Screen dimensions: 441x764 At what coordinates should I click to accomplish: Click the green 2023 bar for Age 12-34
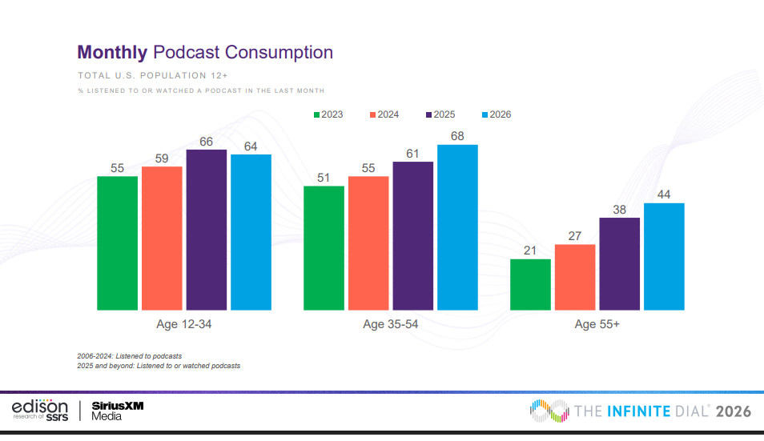point(117,243)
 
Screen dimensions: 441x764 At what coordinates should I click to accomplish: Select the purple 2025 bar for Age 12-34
point(207,230)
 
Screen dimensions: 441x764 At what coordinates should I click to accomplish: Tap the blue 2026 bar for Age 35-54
point(457,227)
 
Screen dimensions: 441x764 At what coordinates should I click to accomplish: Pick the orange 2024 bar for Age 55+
point(575,277)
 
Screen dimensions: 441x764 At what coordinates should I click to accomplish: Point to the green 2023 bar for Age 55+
point(530,284)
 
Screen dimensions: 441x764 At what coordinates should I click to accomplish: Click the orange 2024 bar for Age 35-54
point(368,243)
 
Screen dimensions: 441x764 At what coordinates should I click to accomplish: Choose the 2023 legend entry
point(328,114)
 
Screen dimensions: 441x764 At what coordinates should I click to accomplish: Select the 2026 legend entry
point(496,114)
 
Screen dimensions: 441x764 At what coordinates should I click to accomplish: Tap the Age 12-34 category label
point(183,324)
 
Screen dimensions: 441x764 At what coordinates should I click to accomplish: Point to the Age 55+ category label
point(597,324)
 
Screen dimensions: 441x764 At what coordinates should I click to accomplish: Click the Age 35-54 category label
point(390,324)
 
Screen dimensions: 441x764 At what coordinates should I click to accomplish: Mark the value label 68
point(457,136)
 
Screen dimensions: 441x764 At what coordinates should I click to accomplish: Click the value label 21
point(530,251)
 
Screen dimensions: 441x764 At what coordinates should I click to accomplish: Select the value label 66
point(207,141)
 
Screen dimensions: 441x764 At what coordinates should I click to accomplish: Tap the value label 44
point(664,194)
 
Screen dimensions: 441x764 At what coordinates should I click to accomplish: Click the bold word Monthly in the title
point(111,53)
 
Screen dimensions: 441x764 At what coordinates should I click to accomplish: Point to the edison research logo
point(40,410)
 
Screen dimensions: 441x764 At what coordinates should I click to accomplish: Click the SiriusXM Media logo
point(117,410)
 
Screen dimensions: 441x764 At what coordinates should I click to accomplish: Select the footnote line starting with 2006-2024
point(129,355)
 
